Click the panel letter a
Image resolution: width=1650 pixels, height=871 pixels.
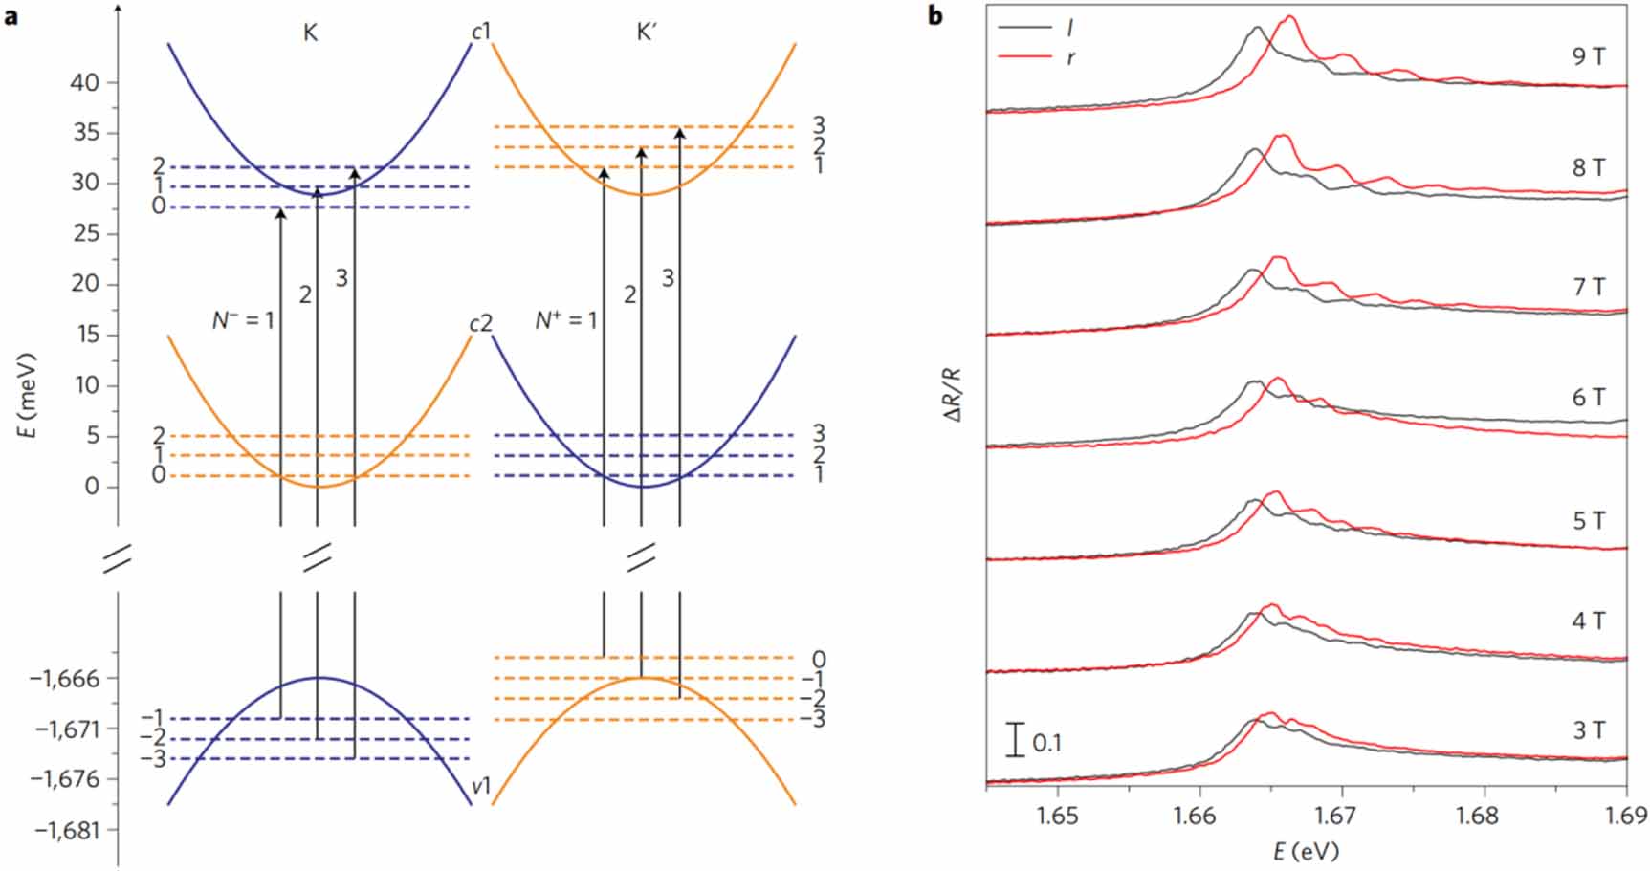pyautogui.click(x=11, y=15)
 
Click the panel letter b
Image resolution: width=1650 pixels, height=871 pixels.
pyautogui.click(x=935, y=15)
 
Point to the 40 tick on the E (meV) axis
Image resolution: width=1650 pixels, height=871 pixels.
pyautogui.click(x=84, y=82)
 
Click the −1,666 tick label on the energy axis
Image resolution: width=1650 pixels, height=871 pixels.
pyautogui.click(x=65, y=679)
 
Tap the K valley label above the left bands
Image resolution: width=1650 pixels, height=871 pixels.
pyautogui.click(x=310, y=33)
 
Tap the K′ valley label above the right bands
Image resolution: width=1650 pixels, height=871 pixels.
pyautogui.click(x=648, y=33)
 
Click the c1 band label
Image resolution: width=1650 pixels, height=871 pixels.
pyautogui.click(x=481, y=32)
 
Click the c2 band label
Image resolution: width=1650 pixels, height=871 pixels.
pyautogui.click(x=481, y=323)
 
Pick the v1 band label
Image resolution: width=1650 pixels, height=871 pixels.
pyautogui.click(x=481, y=787)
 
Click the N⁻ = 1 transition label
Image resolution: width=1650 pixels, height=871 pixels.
pyautogui.click(x=243, y=320)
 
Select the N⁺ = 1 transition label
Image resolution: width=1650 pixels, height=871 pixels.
pyautogui.click(x=566, y=320)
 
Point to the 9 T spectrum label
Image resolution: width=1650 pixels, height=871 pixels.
pyautogui.click(x=1588, y=56)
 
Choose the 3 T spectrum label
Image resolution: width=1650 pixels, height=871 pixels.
pyautogui.click(x=1588, y=730)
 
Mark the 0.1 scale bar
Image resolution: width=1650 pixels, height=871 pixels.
pyautogui.click(x=1015, y=741)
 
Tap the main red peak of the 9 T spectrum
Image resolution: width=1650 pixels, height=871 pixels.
pyautogui.click(x=1290, y=17)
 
